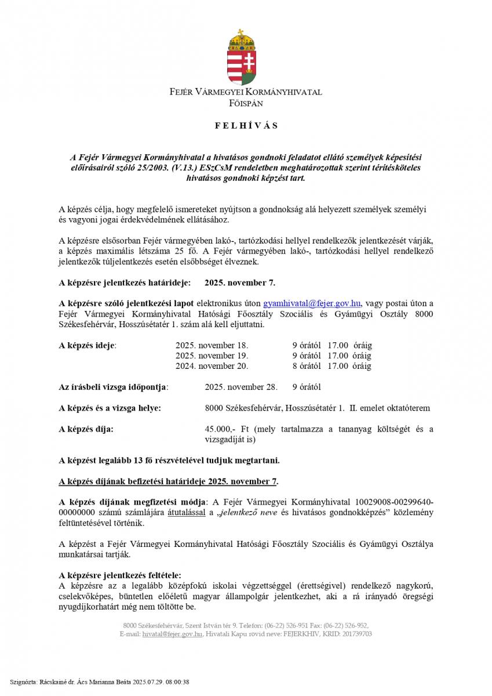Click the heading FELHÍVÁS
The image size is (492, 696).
[x=246, y=125]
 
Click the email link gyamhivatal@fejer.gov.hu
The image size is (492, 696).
[x=312, y=303]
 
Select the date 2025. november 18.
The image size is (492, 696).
[x=212, y=345]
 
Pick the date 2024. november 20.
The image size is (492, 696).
[x=212, y=366]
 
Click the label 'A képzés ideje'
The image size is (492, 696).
[x=88, y=345]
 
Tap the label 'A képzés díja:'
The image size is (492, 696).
[x=86, y=429]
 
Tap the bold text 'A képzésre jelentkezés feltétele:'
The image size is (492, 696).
[x=120, y=575]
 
